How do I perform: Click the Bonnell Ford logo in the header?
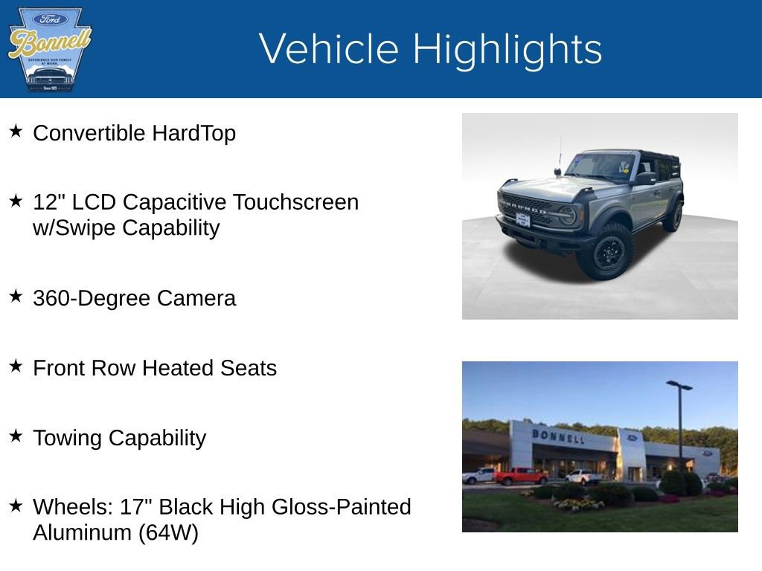(49, 49)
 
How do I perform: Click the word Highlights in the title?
(507, 49)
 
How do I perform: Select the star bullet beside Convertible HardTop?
(16, 132)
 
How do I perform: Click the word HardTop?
(193, 133)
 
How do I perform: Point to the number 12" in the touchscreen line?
(47, 201)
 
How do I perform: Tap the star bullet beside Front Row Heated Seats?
(16, 366)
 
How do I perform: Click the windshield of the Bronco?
(601, 167)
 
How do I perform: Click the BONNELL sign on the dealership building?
(557, 436)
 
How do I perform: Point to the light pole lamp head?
(679, 385)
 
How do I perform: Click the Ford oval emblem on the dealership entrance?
(632, 439)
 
